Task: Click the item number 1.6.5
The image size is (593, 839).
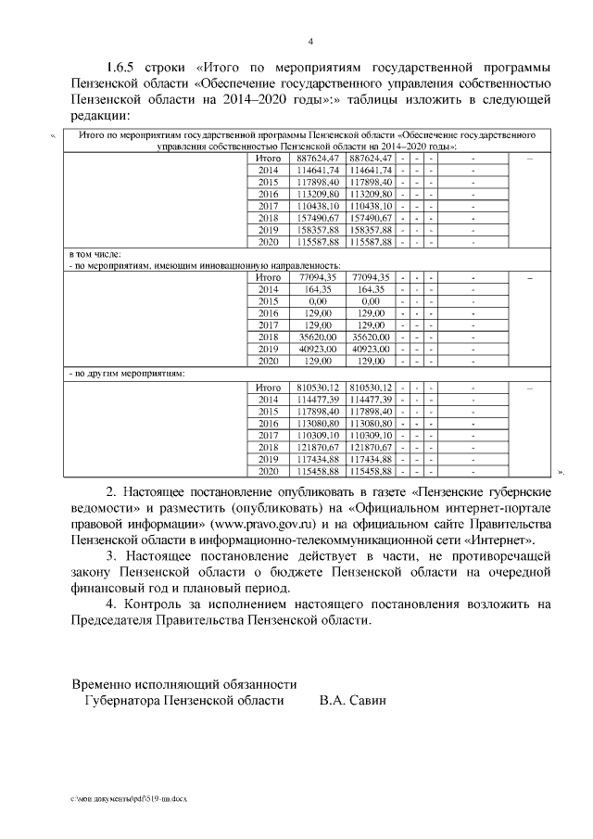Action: click(x=121, y=68)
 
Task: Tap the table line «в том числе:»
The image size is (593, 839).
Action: click(x=95, y=253)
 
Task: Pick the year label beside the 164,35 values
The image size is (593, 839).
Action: click(x=268, y=289)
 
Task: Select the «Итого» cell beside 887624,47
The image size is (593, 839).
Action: click(x=268, y=158)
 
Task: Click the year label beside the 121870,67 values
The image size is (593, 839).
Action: click(x=268, y=447)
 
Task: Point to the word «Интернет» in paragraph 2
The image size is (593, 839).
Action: click(x=500, y=539)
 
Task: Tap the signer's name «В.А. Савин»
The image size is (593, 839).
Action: click(x=351, y=701)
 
